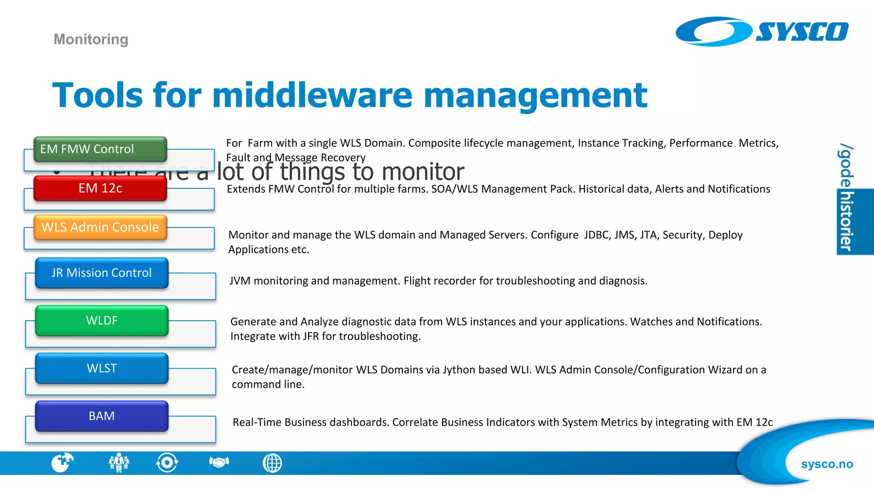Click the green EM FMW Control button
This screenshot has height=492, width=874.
[100, 149]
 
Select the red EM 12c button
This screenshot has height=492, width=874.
[100, 188]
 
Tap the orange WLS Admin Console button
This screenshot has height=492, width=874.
[100, 227]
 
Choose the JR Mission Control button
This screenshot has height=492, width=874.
[102, 273]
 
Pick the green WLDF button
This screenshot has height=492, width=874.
[102, 321]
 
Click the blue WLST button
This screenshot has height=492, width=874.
[102, 368]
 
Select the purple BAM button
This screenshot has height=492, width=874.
[102, 416]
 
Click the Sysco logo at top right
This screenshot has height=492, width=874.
[762, 32]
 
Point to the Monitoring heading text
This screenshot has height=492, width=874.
[91, 39]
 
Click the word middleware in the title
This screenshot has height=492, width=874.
[312, 96]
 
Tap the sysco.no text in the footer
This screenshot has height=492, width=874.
[827, 464]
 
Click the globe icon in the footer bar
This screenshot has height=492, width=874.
[272, 463]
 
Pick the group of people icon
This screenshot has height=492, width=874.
[119, 463]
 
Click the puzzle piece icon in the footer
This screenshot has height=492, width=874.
[62, 463]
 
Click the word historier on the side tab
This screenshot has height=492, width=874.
[846, 222]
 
